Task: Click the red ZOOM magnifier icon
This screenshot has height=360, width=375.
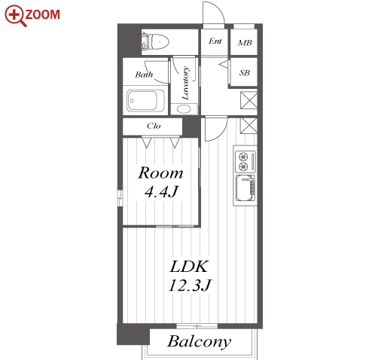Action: pos(16,16)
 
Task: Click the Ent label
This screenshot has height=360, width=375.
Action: pos(215,41)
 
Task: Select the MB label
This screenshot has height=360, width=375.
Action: pos(245,43)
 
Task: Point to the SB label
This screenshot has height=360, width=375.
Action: pos(245,73)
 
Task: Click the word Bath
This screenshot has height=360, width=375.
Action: pos(144,75)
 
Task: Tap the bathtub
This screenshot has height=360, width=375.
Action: pos(145,101)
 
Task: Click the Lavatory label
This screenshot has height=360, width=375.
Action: pos(185,83)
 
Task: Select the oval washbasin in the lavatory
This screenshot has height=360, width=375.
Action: pos(184,109)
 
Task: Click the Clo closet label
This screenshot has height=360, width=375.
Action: pos(154,126)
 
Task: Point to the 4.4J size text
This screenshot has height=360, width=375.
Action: pos(161,192)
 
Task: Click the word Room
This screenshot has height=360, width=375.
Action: pos(160,173)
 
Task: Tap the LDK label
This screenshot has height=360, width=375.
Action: pos(189,267)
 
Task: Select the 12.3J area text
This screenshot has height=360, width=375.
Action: pos(190,285)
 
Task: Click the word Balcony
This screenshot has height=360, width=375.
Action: pos(200,342)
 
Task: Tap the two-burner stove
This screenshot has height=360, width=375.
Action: pos(245,161)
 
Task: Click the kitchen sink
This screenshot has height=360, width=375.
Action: pos(245,188)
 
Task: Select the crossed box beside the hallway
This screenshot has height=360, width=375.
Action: pos(248,100)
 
